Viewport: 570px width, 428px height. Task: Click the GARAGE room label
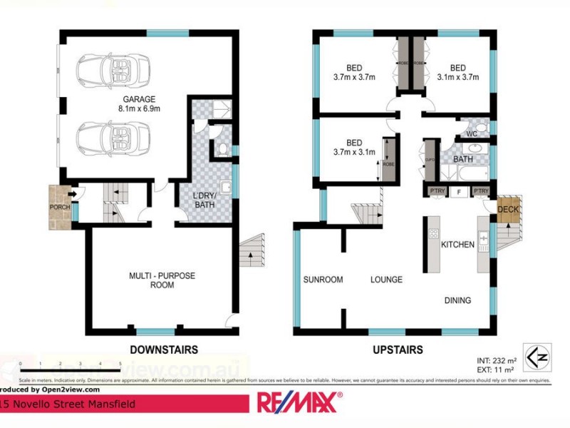pyautogui.click(x=140, y=99)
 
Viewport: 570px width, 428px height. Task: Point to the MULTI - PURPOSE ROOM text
pyautogui.click(x=162, y=280)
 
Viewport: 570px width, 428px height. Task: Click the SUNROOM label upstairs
pyautogui.click(x=323, y=280)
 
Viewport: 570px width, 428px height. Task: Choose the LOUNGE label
pyautogui.click(x=385, y=280)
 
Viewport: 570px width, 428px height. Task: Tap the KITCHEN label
pyautogui.click(x=457, y=245)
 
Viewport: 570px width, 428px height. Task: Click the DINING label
pyautogui.click(x=457, y=300)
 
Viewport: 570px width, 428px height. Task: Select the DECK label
pyautogui.click(x=508, y=210)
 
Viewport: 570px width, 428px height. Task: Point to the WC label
pyautogui.click(x=471, y=133)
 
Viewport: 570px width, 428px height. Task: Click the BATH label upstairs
pyautogui.click(x=463, y=158)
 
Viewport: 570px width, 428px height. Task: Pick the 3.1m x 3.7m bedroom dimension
pyautogui.click(x=457, y=77)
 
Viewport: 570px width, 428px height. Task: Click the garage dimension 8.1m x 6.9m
pyautogui.click(x=140, y=109)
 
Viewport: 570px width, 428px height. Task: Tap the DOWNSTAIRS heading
pyautogui.click(x=164, y=350)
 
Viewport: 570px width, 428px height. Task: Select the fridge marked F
pyautogui.click(x=460, y=191)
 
